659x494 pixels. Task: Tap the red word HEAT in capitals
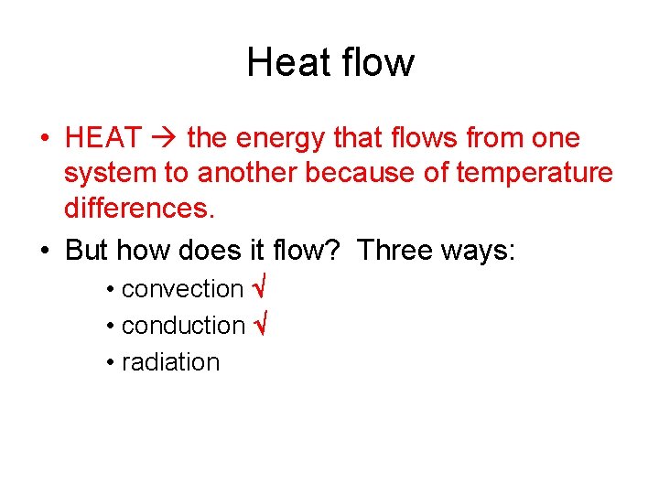tap(103, 138)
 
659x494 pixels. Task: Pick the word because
tap(353, 174)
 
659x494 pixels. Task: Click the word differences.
tap(139, 209)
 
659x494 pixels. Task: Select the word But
tap(87, 250)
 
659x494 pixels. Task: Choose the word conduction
tap(183, 326)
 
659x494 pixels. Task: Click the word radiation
tap(170, 362)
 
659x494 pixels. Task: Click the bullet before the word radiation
tap(109, 362)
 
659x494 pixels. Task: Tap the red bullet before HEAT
tap(44, 139)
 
